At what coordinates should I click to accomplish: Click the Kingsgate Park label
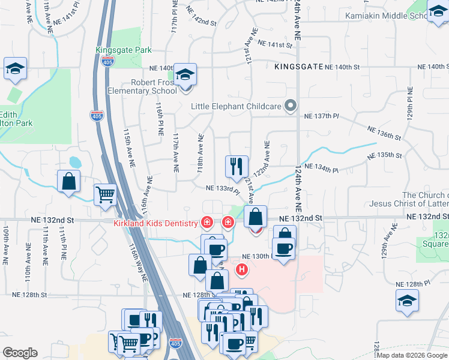click(124, 50)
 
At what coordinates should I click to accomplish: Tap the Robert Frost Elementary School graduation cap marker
click(186, 74)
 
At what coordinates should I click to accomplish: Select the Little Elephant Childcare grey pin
click(291, 106)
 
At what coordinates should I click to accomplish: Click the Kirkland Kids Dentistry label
click(155, 224)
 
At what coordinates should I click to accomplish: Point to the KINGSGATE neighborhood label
click(298, 67)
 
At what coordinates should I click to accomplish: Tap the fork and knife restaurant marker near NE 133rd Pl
click(236, 166)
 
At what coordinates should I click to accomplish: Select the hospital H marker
click(243, 269)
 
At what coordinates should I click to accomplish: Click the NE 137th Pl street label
click(322, 116)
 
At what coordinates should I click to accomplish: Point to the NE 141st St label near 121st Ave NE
click(274, 44)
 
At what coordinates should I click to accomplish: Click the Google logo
click(20, 353)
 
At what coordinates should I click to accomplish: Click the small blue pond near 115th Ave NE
click(75, 162)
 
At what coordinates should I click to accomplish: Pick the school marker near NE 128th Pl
click(407, 301)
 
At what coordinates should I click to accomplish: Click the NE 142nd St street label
click(201, 22)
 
